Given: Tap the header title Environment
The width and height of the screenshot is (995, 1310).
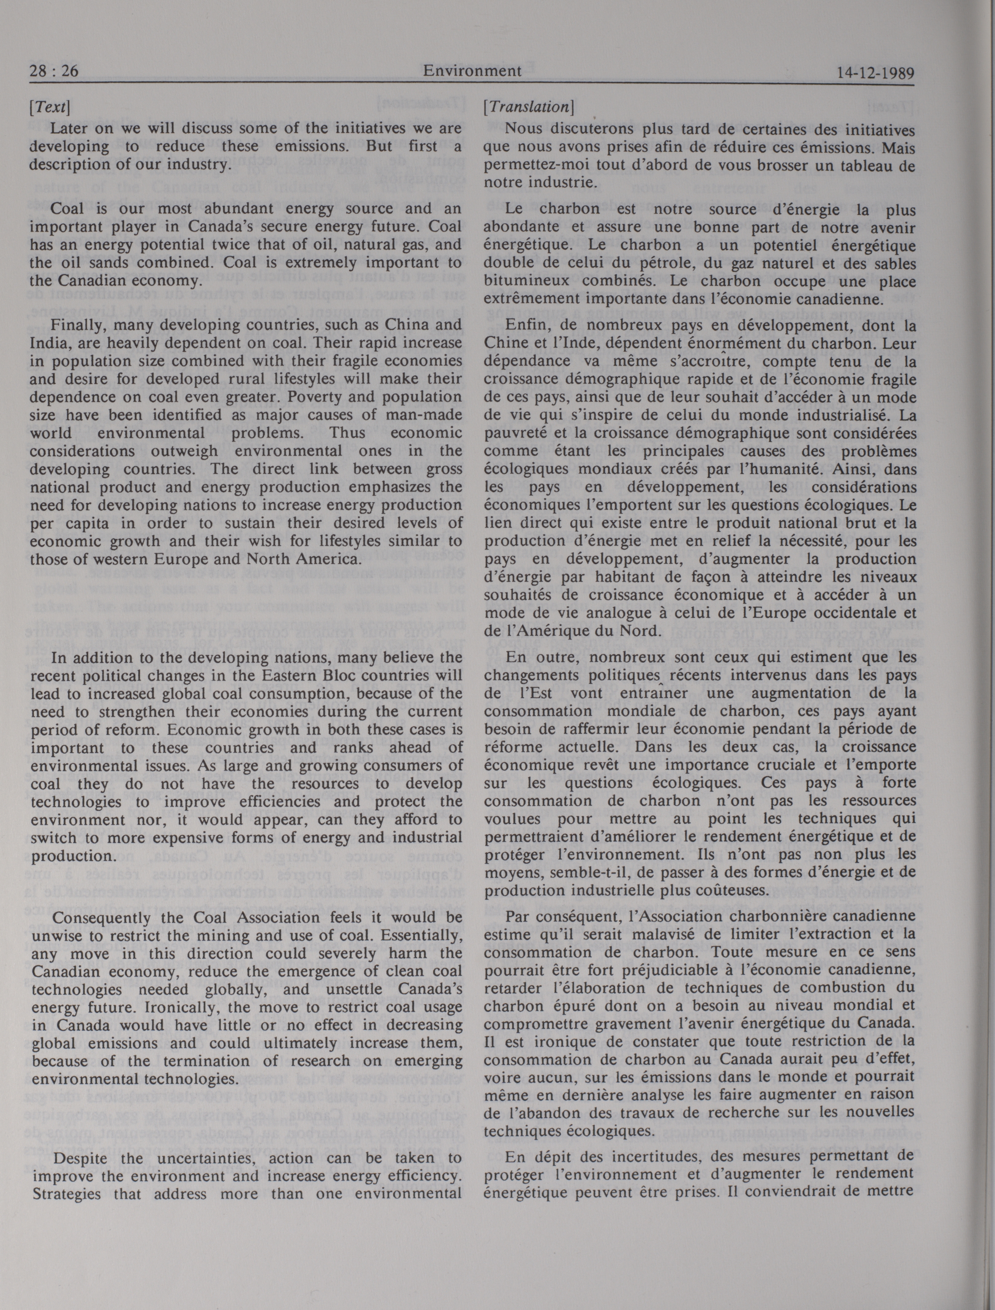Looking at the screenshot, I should [x=472, y=71].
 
